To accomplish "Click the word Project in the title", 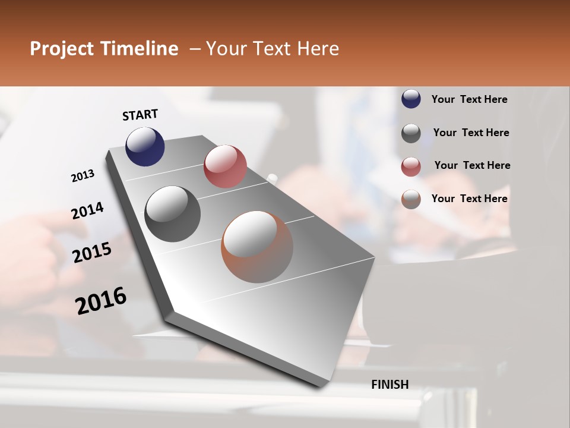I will click(62, 49).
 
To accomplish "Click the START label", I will click(140, 115).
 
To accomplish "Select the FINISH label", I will click(389, 385).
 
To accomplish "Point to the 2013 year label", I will click(83, 175).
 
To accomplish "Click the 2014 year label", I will click(87, 210).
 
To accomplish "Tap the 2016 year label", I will click(101, 301).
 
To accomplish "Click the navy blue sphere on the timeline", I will click(145, 146).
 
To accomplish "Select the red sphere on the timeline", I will click(225, 166).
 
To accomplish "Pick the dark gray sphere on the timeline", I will click(173, 214).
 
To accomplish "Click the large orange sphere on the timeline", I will click(257, 247).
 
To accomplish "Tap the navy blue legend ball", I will click(411, 99).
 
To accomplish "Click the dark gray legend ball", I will click(411, 133).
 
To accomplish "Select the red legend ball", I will click(411, 166).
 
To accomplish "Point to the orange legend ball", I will click(411, 199).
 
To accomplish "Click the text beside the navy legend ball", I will click(469, 99).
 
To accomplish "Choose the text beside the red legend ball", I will click(472, 165).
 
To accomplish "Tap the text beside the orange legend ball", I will click(469, 199).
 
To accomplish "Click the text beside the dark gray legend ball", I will click(471, 133).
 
